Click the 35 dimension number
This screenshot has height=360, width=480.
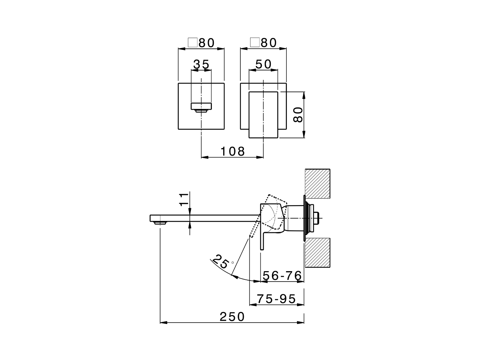(201, 64)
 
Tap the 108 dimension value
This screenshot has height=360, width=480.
(232, 151)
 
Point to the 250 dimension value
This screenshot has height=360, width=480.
(232, 317)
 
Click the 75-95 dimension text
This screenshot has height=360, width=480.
(277, 299)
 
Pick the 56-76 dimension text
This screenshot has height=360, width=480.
(282, 276)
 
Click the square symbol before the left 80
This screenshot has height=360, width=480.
(192, 42)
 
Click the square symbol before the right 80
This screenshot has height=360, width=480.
(255, 42)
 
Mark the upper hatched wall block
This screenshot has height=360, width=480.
(318, 183)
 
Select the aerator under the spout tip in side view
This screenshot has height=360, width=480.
(160, 223)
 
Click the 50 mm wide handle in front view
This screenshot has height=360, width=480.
(263, 114)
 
